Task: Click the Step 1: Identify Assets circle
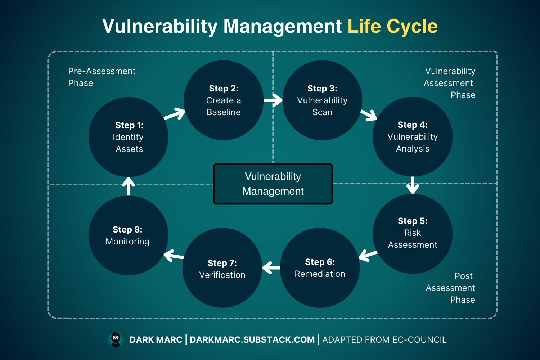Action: (x=128, y=137)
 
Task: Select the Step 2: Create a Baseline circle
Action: (x=224, y=100)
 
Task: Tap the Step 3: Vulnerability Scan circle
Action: (x=322, y=100)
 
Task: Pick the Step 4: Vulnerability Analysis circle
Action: (x=413, y=136)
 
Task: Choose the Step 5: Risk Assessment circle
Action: (x=413, y=233)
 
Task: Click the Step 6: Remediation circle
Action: (x=320, y=268)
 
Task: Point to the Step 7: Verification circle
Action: (x=222, y=268)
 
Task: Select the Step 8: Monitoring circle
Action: (x=128, y=235)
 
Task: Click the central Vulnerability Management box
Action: (x=273, y=184)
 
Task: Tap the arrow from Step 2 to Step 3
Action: (x=273, y=100)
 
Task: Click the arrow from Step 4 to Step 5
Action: (x=413, y=185)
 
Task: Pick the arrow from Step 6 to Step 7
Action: (x=271, y=268)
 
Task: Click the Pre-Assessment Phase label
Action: (x=102, y=77)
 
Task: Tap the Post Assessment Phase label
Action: (x=451, y=288)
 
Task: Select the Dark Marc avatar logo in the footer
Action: (x=116, y=339)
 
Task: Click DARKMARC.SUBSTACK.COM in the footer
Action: (x=252, y=340)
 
